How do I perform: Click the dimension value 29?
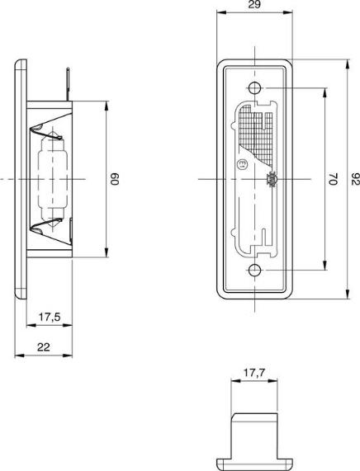click(254, 5)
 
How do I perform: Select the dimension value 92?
click(356, 179)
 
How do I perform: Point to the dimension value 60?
click(116, 179)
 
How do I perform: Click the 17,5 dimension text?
click(50, 317)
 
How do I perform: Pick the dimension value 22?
click(44, 347)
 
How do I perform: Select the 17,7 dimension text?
click(254, 373)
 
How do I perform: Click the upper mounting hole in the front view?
click(255, 88)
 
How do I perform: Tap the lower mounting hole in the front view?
click(255, 270)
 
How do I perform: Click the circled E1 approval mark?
click(242, 164)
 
